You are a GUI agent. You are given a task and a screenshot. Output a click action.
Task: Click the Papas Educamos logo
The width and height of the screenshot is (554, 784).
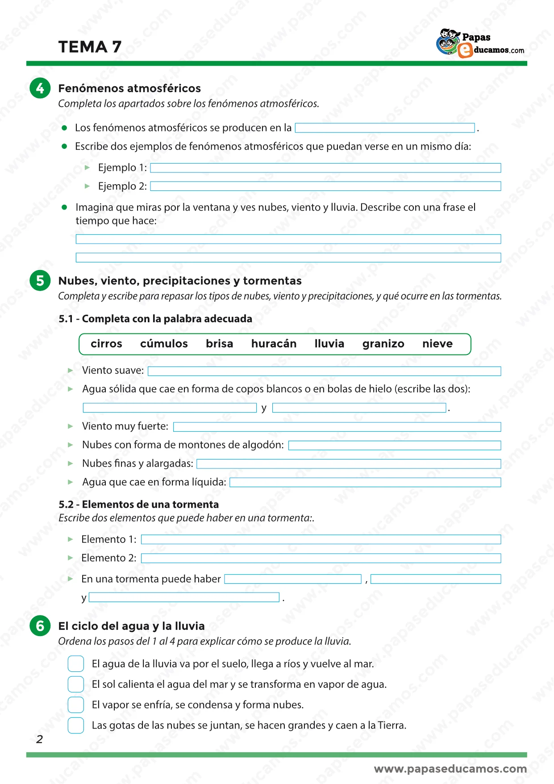pos(480,43)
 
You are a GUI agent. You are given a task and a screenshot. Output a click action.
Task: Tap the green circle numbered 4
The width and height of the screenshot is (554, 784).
pos(40,88)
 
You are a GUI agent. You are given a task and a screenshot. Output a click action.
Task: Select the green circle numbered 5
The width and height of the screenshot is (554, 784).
pos(40,281)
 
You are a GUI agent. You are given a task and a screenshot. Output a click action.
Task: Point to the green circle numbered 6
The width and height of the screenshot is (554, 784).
pos(40,626)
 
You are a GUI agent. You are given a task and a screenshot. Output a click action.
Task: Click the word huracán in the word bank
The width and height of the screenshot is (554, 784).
pos(274,344)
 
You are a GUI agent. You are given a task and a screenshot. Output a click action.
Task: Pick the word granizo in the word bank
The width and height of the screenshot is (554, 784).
pos(383,344)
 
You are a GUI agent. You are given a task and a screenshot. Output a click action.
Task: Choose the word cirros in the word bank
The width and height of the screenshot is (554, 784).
pos(106,344)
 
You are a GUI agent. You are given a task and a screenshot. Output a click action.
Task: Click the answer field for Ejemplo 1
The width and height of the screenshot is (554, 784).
pos(325,168)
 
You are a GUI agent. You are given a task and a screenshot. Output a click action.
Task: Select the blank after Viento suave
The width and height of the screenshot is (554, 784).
pos(324,371)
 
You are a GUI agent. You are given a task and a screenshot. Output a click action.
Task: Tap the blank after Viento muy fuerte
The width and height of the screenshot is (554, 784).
pos(337,427)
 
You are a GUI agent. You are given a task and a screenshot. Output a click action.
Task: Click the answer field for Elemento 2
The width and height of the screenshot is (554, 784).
pos(321,558)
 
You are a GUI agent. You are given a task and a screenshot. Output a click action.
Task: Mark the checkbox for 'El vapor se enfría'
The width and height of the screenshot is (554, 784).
pos(76,704)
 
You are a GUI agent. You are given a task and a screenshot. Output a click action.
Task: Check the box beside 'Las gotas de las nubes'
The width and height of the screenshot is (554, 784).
pos(76,725)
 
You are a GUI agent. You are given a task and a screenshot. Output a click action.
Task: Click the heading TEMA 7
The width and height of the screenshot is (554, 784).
pos(90,47)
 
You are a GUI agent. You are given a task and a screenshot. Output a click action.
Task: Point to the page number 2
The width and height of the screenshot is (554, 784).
pos(40,739)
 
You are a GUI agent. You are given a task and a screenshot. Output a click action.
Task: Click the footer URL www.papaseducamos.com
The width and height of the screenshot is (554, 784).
pos(450,769)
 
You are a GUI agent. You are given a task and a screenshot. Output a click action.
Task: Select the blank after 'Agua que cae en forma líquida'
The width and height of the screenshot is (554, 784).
pos(365,482)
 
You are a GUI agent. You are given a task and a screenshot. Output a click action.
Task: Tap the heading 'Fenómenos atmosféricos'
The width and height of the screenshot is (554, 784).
pos(129,88)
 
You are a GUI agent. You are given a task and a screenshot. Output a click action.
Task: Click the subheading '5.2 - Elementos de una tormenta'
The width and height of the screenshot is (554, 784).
pos(139,504)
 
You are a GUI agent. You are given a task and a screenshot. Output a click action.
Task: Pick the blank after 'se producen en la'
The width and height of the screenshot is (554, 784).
pos(385,128)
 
